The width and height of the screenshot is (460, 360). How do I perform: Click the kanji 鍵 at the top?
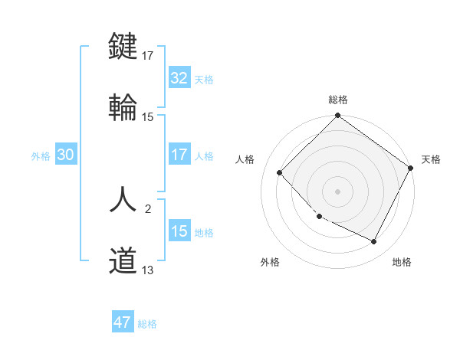(123, 46)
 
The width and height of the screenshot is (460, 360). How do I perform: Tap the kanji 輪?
(123, 107)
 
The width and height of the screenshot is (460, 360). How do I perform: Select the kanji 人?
(123, 201)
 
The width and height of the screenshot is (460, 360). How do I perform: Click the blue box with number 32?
(179, 78)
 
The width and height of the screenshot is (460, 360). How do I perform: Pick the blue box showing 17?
(179, 155)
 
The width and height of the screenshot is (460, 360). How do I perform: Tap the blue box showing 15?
(179, 231)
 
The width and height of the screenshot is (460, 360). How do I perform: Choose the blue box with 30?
(66, 155)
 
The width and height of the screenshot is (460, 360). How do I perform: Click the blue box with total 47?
(123, 322)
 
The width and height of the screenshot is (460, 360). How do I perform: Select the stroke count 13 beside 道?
(148, 270)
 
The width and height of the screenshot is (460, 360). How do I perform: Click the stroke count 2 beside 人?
(148, 208)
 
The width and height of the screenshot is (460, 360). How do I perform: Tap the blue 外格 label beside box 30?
(41, 155)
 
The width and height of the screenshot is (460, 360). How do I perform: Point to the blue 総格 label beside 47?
(147, 324)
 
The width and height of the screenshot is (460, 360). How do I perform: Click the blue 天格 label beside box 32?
(204, 79)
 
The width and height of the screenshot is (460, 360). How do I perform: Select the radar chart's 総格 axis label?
(338, 100)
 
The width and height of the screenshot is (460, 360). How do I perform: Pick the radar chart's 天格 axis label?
(431, 159)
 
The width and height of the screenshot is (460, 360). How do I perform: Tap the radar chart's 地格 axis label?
(402, 262)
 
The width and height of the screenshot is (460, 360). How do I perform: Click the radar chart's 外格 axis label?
(270, 262)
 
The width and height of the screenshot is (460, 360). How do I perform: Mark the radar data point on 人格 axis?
(280, 172)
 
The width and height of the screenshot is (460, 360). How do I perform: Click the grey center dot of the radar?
(337, 191)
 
